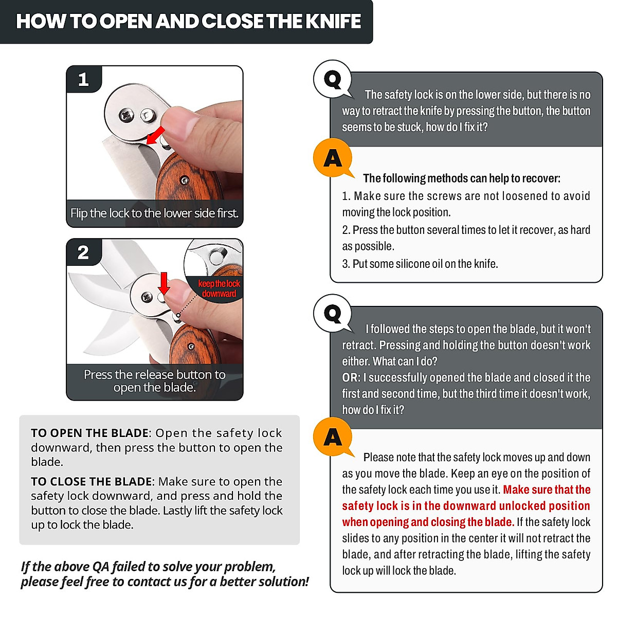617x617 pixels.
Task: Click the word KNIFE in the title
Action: tap(333, 21)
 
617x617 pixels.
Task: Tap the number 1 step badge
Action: tap(84, 79)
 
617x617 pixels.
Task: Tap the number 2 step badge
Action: tap(84, 252)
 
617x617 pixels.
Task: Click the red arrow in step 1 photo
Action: tap(155, 135)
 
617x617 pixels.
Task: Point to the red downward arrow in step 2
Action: tap(164, 283)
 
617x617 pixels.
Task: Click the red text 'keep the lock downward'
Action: tap(219, 288)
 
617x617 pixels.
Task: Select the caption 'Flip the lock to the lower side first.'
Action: tap(154, 213)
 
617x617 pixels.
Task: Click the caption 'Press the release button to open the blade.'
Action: tap(155, 380)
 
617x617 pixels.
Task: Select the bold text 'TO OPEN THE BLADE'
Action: tap(89, 433)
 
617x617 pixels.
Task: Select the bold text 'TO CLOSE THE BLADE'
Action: tap(93, 481)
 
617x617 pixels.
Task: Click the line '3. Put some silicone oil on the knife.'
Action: tap(420, 264)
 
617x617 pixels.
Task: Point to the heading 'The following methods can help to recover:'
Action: tap(461, 178)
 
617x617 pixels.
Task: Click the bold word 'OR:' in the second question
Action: tap(351, 377)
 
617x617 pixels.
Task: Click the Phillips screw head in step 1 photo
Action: tap(126, 115)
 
